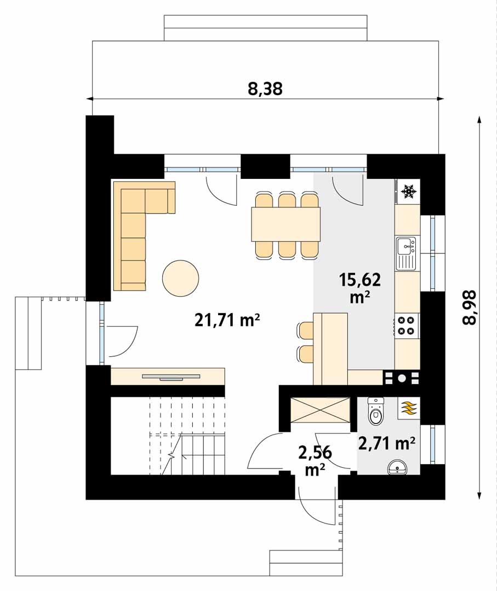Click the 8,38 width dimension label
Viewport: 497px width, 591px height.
pyautogui.click(x=265, y=89)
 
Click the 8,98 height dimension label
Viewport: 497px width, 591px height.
pyautogui.click(x=469, y=307)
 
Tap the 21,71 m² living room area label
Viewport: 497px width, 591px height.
pyautogui.click(x=227, y=320)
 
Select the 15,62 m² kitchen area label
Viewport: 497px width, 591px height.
pyautogui.click(x=359, y=288)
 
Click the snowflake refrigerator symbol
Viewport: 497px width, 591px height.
pyautogui.click(x=408, y=192)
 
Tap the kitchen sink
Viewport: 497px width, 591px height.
pyautogui.click(x=405, y=253)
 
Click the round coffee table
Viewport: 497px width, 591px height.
pyautogui.click(x=180, y=279)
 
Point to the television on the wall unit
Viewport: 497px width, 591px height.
pyautogui.click(x=171, y=376)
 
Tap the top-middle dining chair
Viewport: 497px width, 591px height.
pyautogui.click(x=286, y=200)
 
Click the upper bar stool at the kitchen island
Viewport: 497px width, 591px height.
pyautogui.click(x=306, y=330)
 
